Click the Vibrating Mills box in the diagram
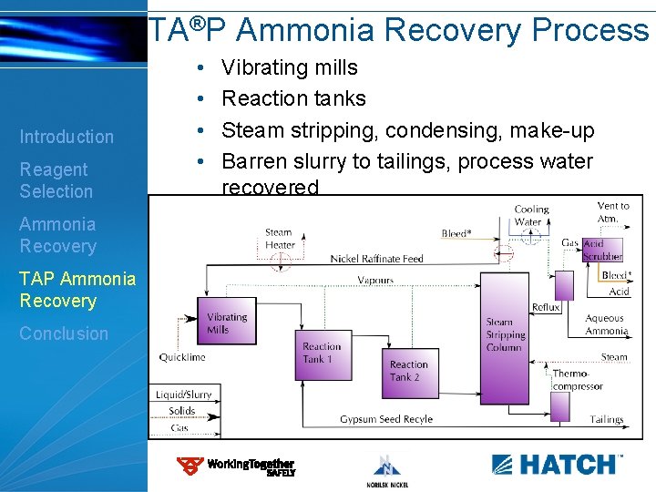tap(226, 323)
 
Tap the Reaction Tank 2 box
tap(409, 371)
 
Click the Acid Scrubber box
tap(603, 250)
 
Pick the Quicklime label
tap(182, 357)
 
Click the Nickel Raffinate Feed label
tap(376, 259)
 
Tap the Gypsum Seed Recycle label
tap(386, 419)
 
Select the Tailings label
tap(607, 419)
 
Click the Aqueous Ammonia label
tap(605, 325)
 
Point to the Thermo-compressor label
tap(578, 380)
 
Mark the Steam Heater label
tap(279, 239)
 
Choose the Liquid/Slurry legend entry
tap(183, 395)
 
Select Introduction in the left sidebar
tap(67, 137)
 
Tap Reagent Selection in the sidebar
tap(56, 180)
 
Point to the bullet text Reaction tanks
tap(293, 98)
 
